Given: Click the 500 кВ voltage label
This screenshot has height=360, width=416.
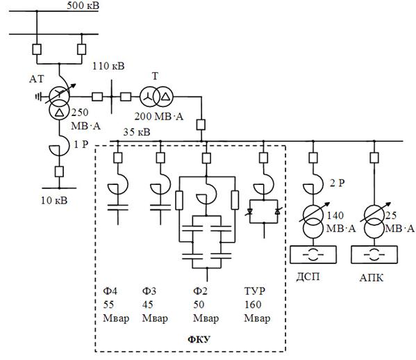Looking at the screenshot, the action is click(83, 6).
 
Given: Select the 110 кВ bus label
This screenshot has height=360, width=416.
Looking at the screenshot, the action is click(108, 66).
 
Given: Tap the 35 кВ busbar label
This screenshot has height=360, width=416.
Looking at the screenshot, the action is click(137, 132).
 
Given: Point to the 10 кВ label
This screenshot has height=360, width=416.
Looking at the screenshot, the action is click(54, 200).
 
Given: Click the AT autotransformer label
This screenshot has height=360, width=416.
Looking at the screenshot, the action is click(37, 79).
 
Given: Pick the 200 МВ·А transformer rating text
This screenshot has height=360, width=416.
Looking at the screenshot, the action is click(158, 116).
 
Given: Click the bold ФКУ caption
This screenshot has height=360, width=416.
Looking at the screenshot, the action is click(199, 339).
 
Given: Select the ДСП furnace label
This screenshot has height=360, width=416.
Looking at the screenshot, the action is click(308, 277).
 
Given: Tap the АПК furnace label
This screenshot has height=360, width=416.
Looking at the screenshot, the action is click(372, 278).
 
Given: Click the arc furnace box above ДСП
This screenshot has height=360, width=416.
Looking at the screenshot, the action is click(313, 254).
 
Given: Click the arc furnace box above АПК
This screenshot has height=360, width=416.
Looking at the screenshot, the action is click(374, 254).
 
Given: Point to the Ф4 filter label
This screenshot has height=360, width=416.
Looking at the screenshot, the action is click(110, 291).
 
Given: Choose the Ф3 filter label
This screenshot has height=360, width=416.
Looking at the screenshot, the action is click(149, 291).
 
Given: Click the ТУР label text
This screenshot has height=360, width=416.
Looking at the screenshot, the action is click(254, 291).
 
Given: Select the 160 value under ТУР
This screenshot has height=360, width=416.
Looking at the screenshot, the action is click(253, 304).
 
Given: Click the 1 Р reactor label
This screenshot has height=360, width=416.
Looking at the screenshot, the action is click(81, 145).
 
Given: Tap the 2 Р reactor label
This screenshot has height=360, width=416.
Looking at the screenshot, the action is click(338, 183).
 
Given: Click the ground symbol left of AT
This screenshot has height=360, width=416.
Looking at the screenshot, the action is click(39, 97).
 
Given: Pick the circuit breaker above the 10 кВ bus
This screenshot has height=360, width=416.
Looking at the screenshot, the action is click(59, 172).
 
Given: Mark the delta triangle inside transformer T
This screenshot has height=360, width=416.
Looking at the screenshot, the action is click(165, 97).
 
